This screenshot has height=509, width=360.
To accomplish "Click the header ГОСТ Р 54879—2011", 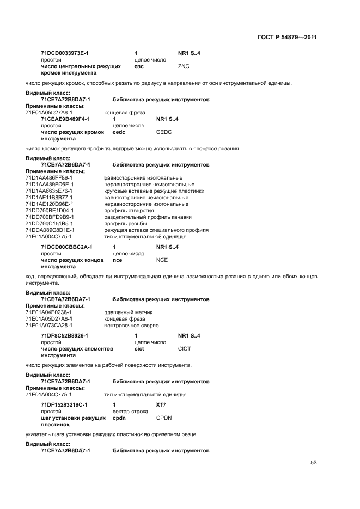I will pyautogui.click(x=286, y=37).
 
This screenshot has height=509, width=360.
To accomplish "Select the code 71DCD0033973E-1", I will pyautogui.click(x=65, y=53).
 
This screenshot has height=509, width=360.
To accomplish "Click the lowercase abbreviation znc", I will pyautogui.click(x=138, y=66).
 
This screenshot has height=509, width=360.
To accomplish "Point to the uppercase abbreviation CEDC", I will pyautogui.click(x=164, y=132).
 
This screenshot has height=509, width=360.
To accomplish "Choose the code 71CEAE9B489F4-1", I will pyautogui.click(x=65, y=119).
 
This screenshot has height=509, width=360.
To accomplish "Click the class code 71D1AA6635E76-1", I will pyautogui.click(x=49, y=191).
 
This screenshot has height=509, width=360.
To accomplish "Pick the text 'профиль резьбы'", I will pyautogui.click(x=123, y=224).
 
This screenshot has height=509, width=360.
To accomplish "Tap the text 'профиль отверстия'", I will pyautogui.click(x=126, y=211).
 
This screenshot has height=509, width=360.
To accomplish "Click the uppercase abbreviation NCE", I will pyautogui.click(x=162, y=260).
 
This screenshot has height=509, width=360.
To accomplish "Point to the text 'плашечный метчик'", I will pyautogui.click(x=128, y=312).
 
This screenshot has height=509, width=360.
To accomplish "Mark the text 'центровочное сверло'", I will pyautogui.click(x=131, y=326).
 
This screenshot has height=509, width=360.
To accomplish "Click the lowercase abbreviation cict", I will pyautogui.click(x=139, y=349).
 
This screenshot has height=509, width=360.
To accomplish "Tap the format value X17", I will pyautogui.click(x=161, y=405).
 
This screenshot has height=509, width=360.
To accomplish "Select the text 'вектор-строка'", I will pyautogui.click(x=129, y=412).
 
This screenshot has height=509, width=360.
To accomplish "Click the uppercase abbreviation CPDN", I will pyautogui.click(x=164, y=418).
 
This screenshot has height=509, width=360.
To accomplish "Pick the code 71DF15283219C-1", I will pyautogui.click(x=64, y=405).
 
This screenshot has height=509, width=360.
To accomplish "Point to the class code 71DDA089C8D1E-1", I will pyautogui.click(x=50, y=230).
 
